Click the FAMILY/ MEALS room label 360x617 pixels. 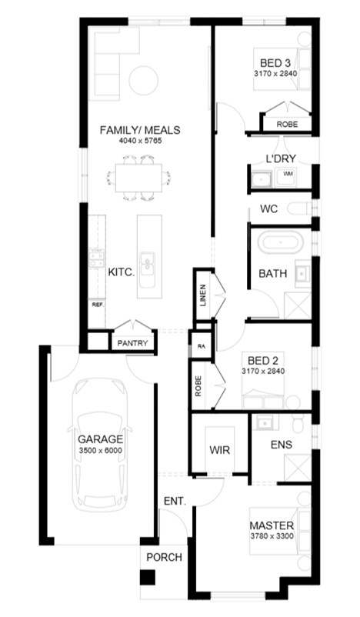pyautogui.click(x=140, y=130)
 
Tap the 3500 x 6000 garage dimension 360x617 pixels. pyautogui.click(x=100, y=451)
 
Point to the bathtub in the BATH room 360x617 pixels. pyautogui.click(x=281, y=242)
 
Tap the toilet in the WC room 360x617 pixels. pyautogui.click(x=300, y=208)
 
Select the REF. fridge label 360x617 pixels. pyautogui.click(x=98, y=305)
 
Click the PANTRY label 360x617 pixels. pyautogui.click(x=132, y=343)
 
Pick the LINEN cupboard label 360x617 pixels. pyautogui.click(x=203, y=295)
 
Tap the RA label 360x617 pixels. pyautogui.click(x=202, y=347)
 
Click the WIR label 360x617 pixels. pyautogui.click(x=219, y=450)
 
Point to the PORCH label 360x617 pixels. pyautogui.click(x=165, y=558)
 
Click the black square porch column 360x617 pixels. pyautogui.click(x=148, y=577)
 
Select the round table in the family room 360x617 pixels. pyautogui.click(x=144, y=80)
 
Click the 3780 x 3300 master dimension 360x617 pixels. pyautogui.click(x=272, y=536)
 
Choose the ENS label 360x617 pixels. pyautogui.click(x=282, y=445)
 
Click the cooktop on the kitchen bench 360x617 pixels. pyautogui.click(x=96, y=258)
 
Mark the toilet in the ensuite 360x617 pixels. pyautogui.click(x=298, y=424)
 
